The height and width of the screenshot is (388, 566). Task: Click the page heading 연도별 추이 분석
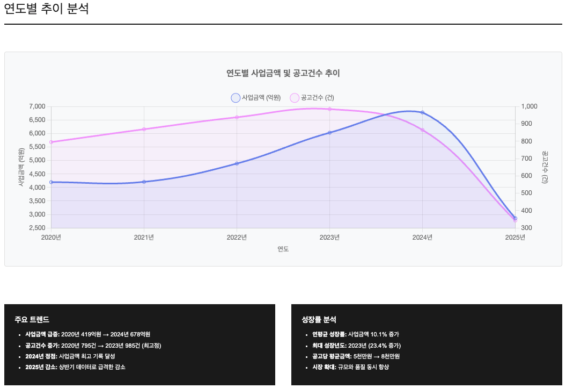pyautogui.click(x=46, y=9)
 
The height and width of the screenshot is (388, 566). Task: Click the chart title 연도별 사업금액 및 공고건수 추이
pyautogui.click(x=283, y=73)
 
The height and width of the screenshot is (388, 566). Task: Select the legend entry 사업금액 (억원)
pyautogui.click(x=256, y=98)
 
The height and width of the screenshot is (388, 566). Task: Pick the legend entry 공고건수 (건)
pyautogui.click(x=312, y=98)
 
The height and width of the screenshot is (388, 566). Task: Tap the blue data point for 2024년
pyautogui.click(x=423, y=112)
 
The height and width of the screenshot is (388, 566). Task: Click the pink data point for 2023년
pyautogui.click(x=329, y=109)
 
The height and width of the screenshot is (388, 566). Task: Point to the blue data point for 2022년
pyautogui.click(x=237, y=163)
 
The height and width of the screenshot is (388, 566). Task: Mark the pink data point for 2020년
pyautogui.click(x=51, y=142)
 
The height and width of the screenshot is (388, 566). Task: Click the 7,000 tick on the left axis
pyautogui.click(x=36, y=106)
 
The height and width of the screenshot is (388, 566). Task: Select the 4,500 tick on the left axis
pyautogui.click(x=36, y=174)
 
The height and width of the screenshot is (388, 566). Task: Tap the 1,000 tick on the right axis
pyautogui.click(x=528, y=106)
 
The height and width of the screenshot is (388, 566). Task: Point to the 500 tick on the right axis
pyautogui.click(x=526, y=193)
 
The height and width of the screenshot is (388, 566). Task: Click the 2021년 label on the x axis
pyautogui.click(x=144, y=238)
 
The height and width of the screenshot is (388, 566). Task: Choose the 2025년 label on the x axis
pyautogui.click(x=515, y=238)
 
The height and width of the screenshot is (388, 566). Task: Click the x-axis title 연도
pyautogui.click(x=283, y=249)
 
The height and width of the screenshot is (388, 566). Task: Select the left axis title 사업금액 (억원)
pyautogui.click(x=21, y=167)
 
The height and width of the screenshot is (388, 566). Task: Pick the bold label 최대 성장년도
pyautogui.click(x=329, y=346)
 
